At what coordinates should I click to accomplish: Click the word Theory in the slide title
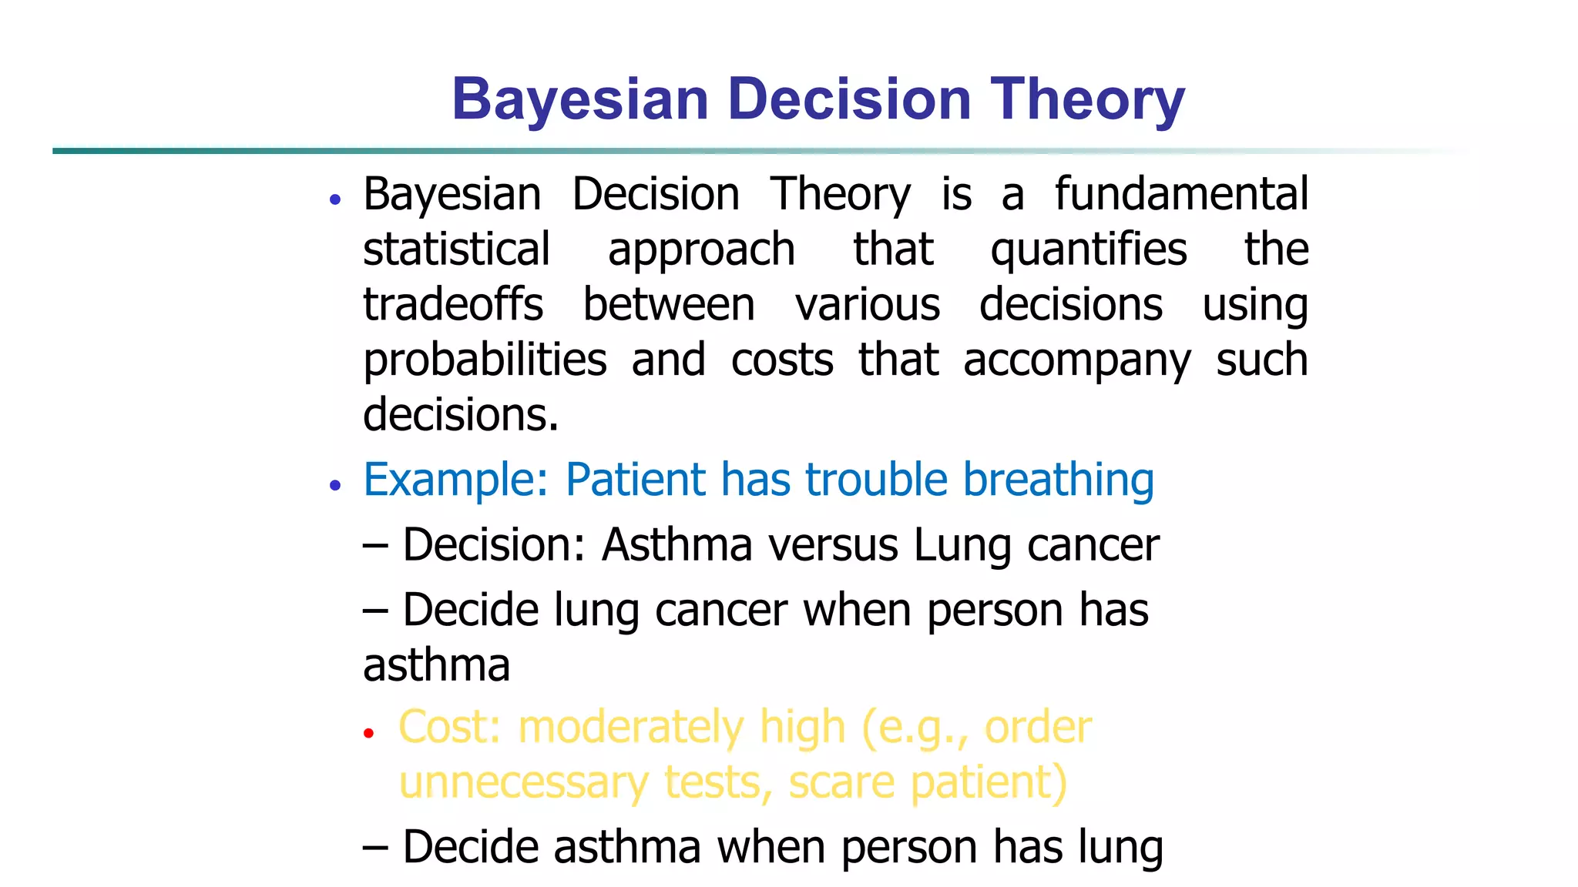point(1087,99)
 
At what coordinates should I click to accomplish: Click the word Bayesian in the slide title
point(579,99)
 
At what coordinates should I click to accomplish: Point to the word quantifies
point(1089,250)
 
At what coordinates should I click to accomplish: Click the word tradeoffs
point(453,304)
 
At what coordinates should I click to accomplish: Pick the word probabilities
point(485,360)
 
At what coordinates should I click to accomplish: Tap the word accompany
point(1076,361)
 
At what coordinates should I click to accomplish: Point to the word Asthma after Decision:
point(677,545)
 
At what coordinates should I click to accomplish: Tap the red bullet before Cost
point(368,733)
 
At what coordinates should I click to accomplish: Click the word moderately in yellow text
point(631,727)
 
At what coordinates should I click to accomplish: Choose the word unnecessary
point(524,782)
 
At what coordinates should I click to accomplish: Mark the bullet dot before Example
point(334,486)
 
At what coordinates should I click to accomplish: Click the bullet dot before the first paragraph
point(334,200)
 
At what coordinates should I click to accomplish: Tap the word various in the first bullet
point(868,304)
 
